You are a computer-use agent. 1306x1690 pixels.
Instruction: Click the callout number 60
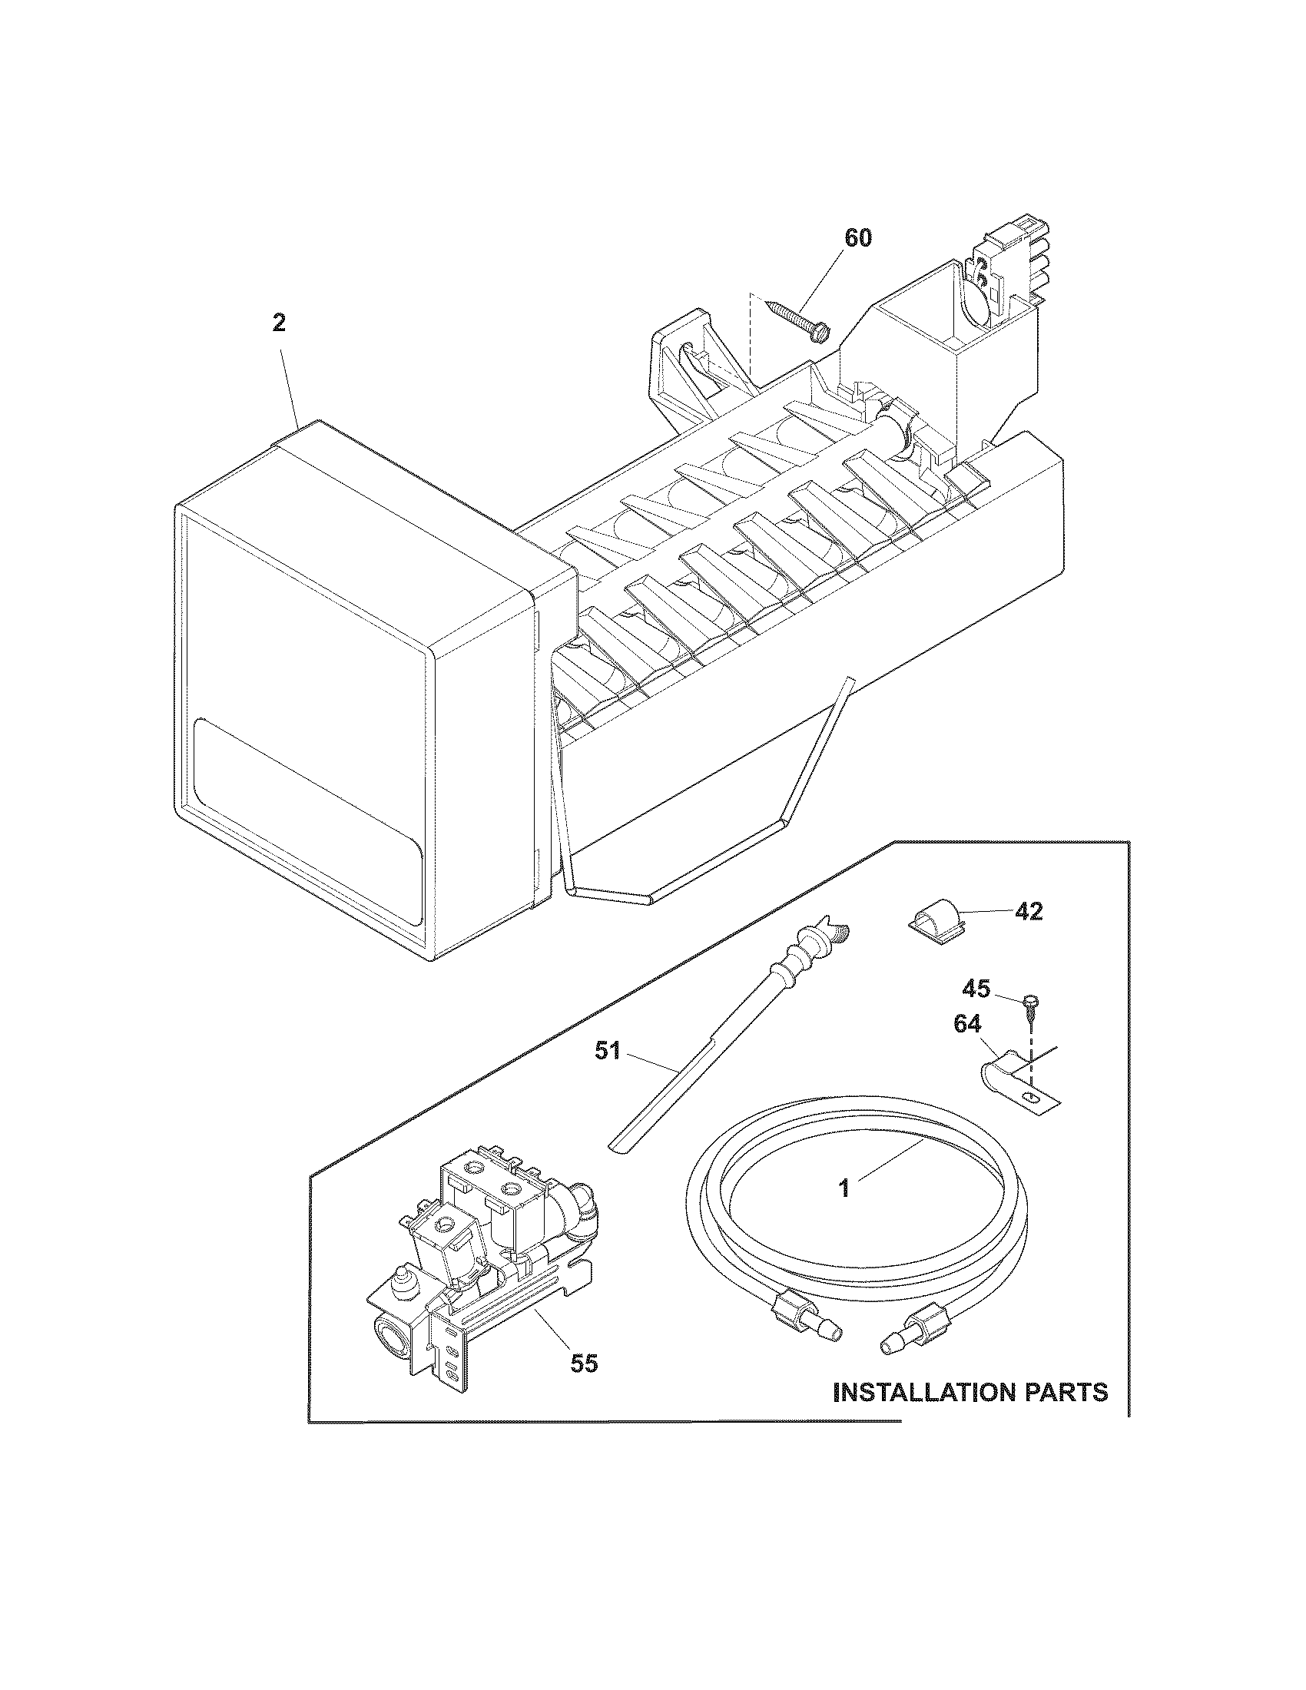click(x=857, y=239)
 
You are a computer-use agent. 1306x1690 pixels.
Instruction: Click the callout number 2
click(x=279, y=323)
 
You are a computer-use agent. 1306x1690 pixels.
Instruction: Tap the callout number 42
click(x=1027, y=912)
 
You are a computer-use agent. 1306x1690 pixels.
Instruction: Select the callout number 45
click(x=976, y=988)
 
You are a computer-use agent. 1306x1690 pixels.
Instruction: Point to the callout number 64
click(x=967, y=1025)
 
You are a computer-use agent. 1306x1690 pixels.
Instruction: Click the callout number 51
click(x=608, y=1051)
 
